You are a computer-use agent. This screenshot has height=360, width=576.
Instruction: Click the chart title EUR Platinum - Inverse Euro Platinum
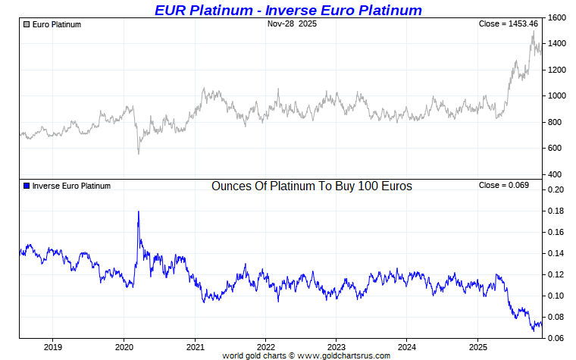point(288,10)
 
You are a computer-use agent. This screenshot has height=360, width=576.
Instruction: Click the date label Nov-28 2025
point(292,24)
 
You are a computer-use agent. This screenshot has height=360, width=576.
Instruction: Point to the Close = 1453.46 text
point(509,24)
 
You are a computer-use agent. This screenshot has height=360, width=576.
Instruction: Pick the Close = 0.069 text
point(504,186)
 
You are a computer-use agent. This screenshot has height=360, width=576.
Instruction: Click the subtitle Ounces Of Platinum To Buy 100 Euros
point(311,186)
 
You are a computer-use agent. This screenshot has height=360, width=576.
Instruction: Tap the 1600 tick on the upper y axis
point(556,17)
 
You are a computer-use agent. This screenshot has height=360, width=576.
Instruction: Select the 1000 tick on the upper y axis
point(556,96)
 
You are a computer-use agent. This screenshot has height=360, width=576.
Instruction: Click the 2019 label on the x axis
point(54,347)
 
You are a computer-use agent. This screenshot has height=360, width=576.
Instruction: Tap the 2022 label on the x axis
point(265,347)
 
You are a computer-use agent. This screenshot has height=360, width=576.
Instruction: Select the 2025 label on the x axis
point(477,347)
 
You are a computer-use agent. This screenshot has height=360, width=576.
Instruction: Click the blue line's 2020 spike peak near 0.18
point(138,211)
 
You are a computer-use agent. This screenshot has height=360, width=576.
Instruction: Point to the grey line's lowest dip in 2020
point(138,154)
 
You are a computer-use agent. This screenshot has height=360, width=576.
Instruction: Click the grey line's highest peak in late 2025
point(533,32)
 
